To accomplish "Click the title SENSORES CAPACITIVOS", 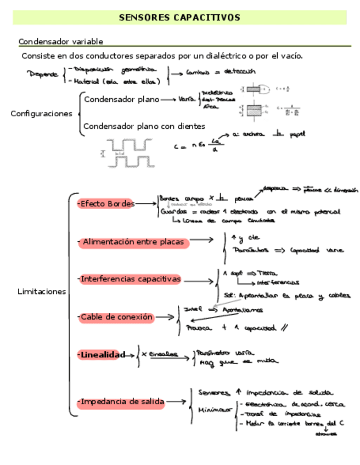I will [179, 18].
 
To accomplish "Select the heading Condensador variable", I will [61, 42].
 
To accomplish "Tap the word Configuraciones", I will [41, 114].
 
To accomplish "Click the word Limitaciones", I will [42, 292].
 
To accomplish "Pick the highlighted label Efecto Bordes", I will [106, 204].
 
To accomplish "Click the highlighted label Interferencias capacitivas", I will [130, 279].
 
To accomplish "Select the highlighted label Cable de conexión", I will [116, 317].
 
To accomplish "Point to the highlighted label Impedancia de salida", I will [121, 402].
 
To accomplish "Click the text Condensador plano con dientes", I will [144, 126].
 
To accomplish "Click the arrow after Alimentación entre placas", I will [201, 240].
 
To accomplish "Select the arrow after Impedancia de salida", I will [177, 402].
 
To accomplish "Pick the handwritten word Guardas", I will [172, 212].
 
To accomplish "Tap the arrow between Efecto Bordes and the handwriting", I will [145, 204].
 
